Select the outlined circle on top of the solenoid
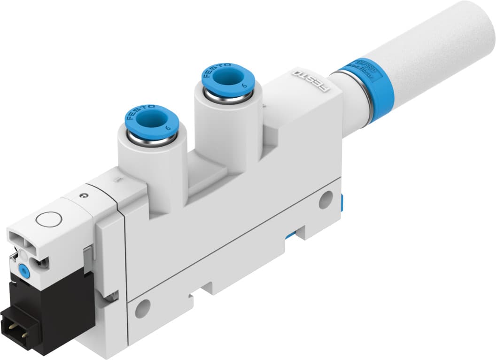tap(48, 219)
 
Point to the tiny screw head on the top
tap(84, 195)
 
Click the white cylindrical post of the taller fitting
tap(221, 127)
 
